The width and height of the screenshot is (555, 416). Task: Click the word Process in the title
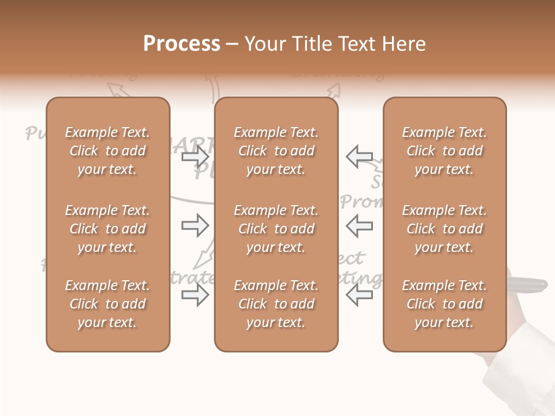pyautogui.click(x=182, y=44)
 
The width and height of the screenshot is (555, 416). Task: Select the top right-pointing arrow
pyautogui.click(x=195, y=157)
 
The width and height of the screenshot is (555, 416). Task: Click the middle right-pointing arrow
pyautogui.click(x=195, y=225)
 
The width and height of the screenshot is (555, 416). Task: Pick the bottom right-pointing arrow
pyautogui.click(x=195, y=295)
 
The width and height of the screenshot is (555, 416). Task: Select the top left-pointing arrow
pyautogui.click(x=360, y=157)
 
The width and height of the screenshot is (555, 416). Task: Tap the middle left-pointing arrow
pyautogui.click(x=360, y=225)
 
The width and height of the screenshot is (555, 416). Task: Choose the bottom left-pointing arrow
pyautogui.click(x=360, y=295)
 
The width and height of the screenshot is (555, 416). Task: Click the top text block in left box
pyautogui.click(x=108, y=151)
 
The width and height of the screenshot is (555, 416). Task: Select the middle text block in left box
pyautogui.click(x=108, y=229)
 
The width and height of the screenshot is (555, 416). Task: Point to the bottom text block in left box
pyautogui.click(x=108, y=304)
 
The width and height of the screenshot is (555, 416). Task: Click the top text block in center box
pyautogui.click(x=276, y=151)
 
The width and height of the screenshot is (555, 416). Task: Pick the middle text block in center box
pyautogui.click(x=276, y=229)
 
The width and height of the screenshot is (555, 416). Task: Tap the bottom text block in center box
pyautogui.click(x=276, y=304)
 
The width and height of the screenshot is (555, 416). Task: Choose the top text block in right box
pyautogui.click(x=444, y=151)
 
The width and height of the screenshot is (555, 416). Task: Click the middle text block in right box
pyautogui.click(x=444, y=229)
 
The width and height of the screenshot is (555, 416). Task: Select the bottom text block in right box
pyautogui.click(x=444, y=304)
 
